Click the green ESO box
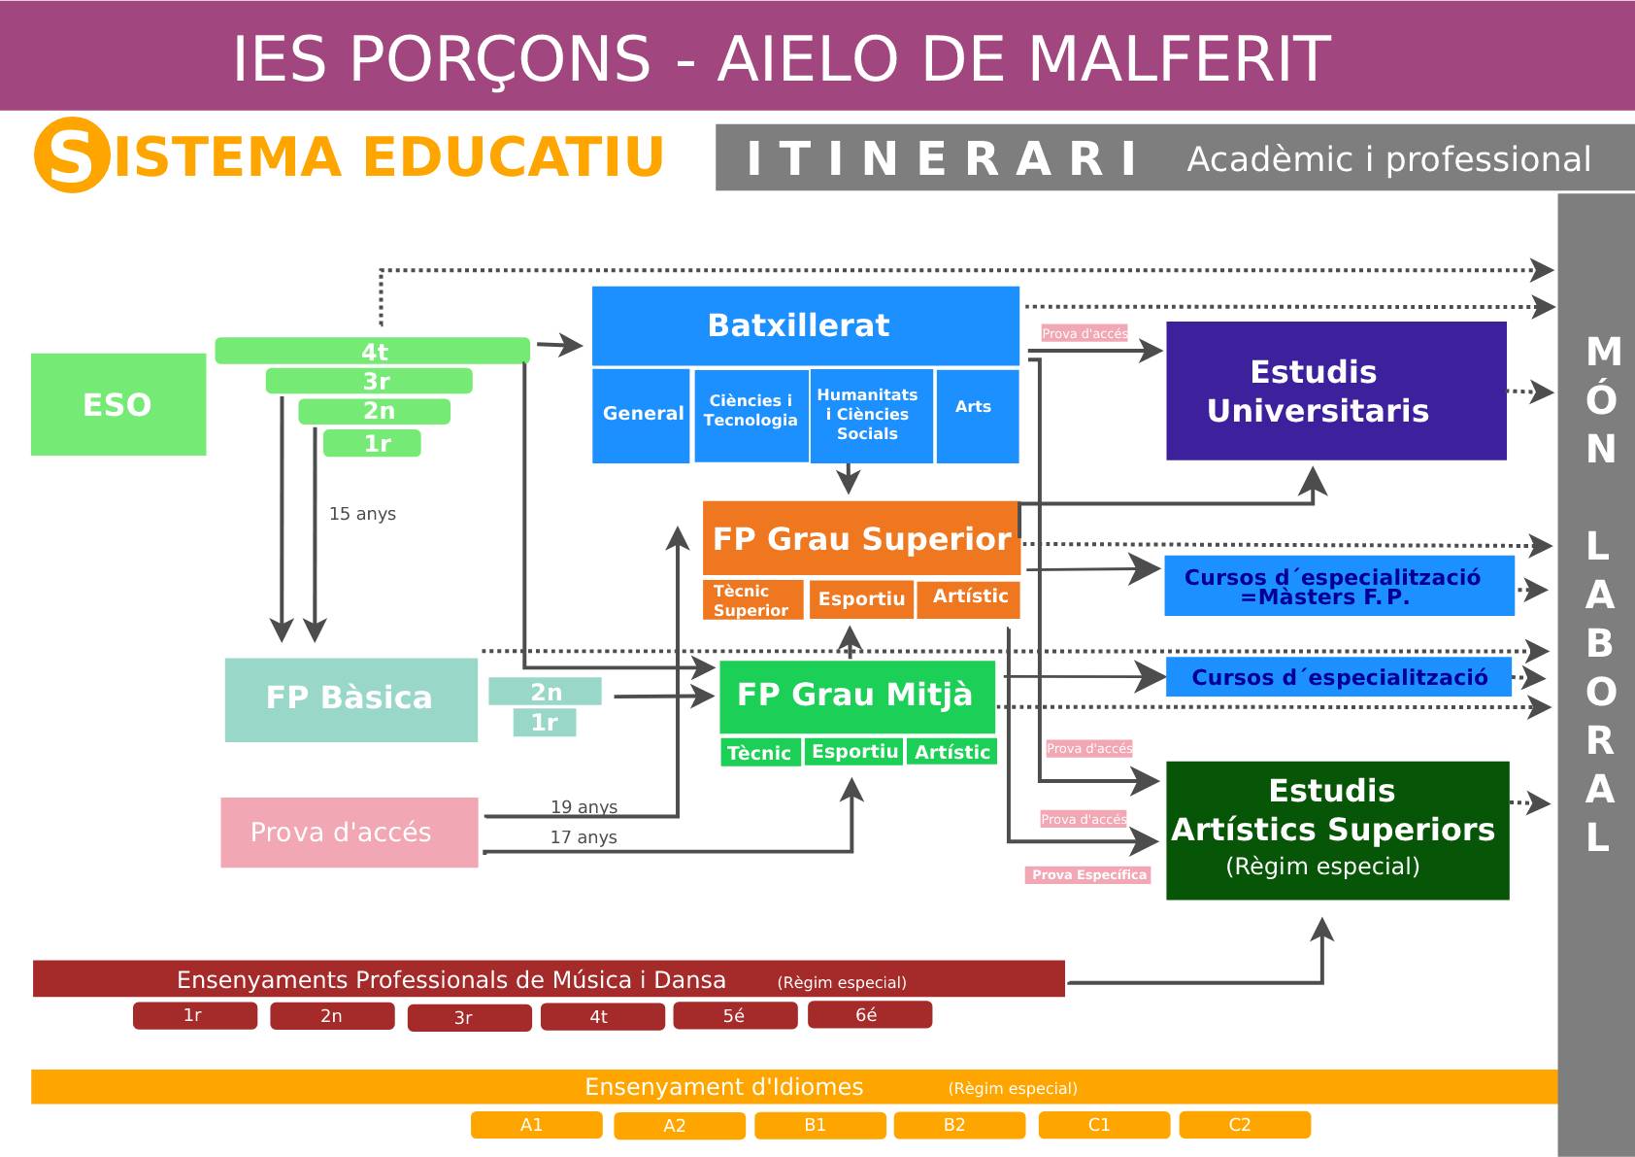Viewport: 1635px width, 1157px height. [x=117, y=404]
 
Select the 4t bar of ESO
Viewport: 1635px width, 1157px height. [x=373, y=351]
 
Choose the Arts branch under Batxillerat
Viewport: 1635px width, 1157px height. [x=977, y=416]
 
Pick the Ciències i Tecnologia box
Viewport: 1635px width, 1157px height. [x=751, y=416]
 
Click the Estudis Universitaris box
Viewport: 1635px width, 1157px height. [x=1336, y=391]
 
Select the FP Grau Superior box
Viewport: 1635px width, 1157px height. [x=861, y=538]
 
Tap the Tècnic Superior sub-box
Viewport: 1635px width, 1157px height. [x=752, y=599]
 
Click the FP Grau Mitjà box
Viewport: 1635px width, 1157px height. [x=856, y=697]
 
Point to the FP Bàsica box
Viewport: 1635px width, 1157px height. [x=350, y=699]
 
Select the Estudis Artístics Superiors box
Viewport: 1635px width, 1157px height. [x=1337, y=831]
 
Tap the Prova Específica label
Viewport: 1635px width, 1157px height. [x=1088, y=874]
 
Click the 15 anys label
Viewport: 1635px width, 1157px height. [x=362, y=514]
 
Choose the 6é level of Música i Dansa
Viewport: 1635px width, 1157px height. [x=869, y=1014]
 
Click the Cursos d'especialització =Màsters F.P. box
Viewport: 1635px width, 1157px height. [x=1339, y=586]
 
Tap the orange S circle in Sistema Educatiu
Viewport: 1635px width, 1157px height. [x=71, y=155]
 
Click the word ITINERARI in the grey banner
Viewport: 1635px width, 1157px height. [x=942, y=158]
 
